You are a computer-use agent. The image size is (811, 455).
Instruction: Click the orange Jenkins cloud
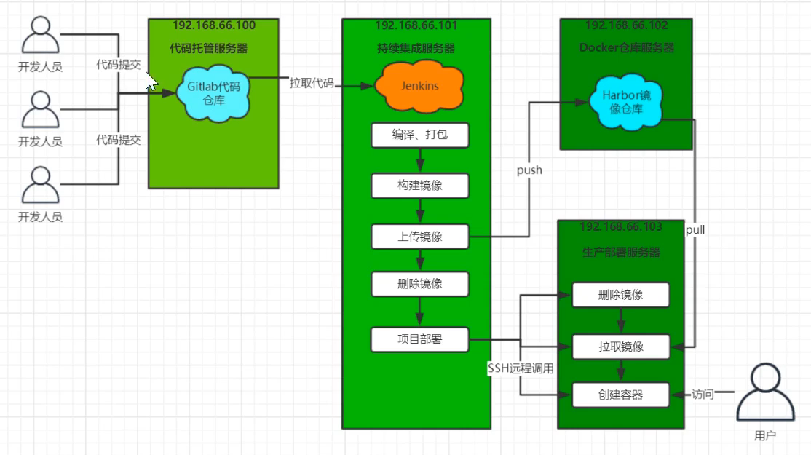[419, 86]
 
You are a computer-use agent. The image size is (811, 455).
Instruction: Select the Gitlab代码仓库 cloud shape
[213, 92]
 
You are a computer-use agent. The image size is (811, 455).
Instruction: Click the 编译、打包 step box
[419, 135]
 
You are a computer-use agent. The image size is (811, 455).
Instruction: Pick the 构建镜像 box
[419, 186]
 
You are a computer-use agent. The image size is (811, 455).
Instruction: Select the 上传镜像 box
[419, 236]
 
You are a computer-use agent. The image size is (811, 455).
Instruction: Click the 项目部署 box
[419, 339]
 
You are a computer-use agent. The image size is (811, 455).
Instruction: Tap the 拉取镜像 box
[620, 347]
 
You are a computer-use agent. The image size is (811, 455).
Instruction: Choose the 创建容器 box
[620, 395]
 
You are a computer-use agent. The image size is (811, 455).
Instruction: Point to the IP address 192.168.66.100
[214, 25]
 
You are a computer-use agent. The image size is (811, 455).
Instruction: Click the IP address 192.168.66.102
[626, 25]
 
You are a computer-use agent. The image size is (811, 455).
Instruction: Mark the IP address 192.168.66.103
[621, 227]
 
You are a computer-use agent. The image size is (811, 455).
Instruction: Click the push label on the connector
[529, 170]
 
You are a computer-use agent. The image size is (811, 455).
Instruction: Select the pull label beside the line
[695, 230]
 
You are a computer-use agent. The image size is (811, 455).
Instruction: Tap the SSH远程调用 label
[520, 368]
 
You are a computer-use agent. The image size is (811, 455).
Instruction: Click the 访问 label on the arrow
[703, 395]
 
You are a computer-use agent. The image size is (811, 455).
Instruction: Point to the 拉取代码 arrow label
[312, 83]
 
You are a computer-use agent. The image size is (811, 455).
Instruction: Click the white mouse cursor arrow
[151, 80]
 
